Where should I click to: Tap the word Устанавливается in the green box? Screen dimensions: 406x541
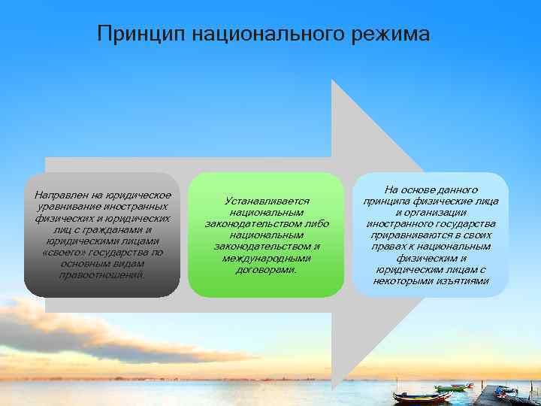267,201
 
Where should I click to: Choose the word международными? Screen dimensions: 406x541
267,258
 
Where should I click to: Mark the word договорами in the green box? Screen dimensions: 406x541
267,269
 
